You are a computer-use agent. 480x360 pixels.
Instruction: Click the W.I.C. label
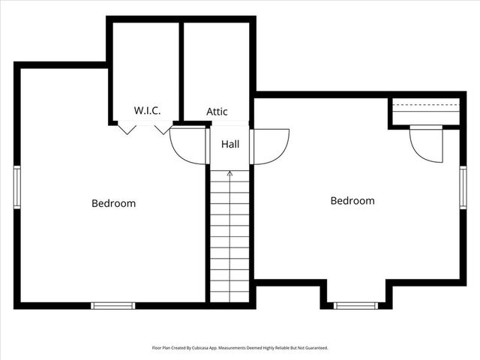148,110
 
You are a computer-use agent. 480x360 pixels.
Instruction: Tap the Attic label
217,112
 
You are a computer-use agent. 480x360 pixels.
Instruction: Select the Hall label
230,143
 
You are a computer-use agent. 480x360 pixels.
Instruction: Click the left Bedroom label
114,203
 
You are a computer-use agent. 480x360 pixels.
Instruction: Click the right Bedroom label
352,201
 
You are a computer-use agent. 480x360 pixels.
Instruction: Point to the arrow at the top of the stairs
230,174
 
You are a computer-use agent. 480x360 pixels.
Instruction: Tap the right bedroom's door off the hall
271,146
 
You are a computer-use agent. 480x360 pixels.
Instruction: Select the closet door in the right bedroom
424,143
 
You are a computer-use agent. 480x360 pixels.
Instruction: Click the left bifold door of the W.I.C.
127,129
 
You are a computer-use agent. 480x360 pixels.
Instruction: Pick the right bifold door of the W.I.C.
163,129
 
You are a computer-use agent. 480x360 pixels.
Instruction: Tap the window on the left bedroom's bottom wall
113,305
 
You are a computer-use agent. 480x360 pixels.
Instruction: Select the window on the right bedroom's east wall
463,187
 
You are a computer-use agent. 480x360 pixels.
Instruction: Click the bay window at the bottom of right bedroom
355,305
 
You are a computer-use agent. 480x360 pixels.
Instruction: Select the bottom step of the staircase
230,297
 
